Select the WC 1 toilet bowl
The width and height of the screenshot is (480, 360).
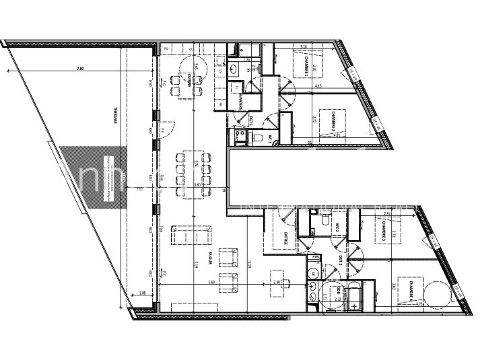pos(258,137)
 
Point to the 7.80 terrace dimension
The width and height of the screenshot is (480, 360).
pos(80,69)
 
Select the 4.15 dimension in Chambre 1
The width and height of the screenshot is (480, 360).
pos(317,86)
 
